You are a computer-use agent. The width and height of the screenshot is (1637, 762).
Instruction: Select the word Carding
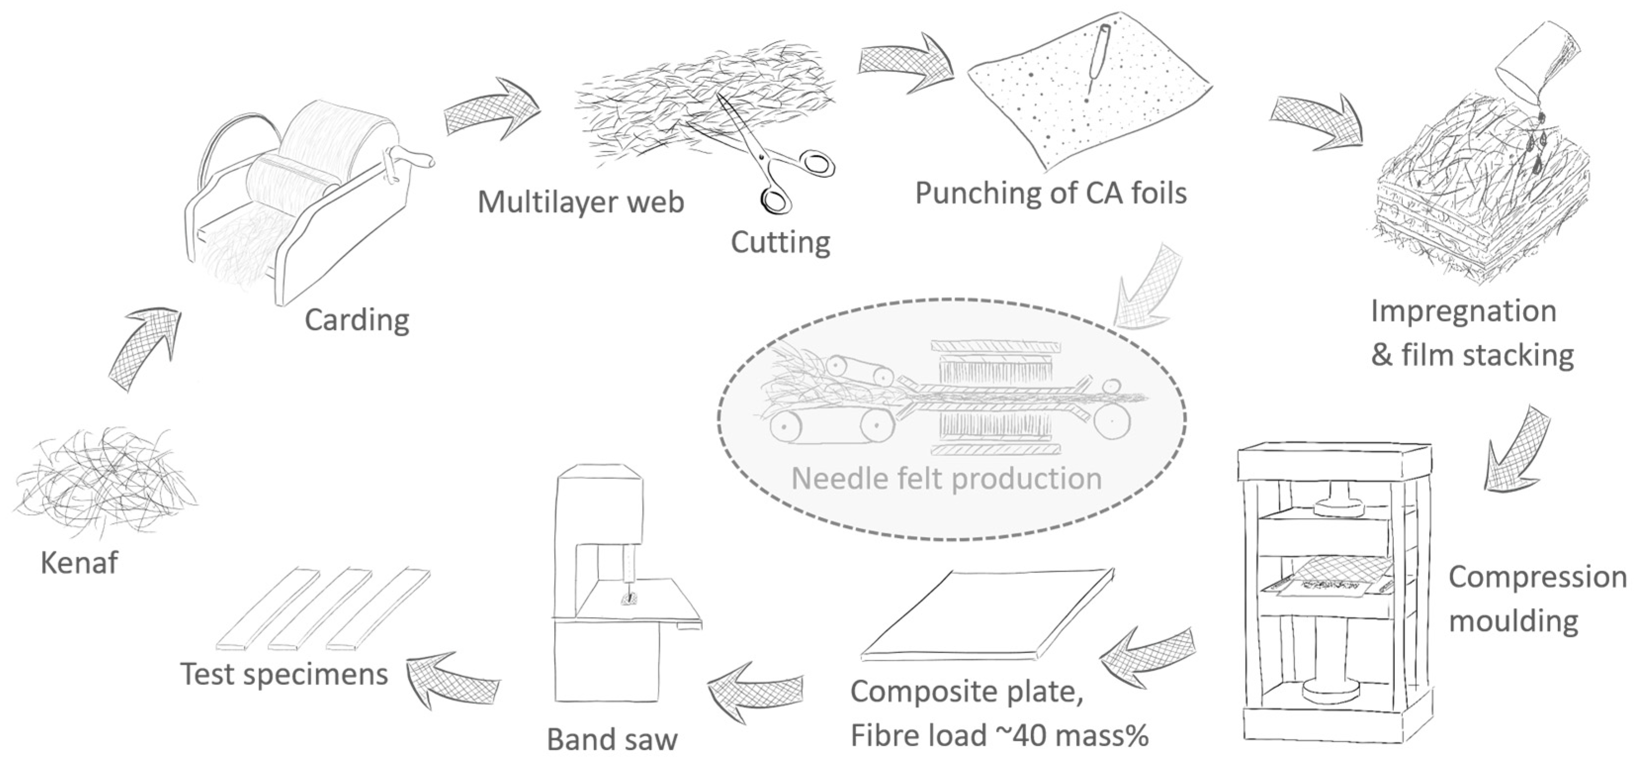point(356,320)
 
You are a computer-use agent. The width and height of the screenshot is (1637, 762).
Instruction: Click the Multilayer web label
point(580,202)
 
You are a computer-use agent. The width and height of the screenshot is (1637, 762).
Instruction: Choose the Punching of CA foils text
point(1050,192)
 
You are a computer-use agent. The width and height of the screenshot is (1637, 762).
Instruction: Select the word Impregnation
point(1463,312)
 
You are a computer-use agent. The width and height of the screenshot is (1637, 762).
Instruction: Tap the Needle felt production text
point(946,478)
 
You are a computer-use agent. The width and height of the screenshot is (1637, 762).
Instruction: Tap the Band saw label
point(612,740)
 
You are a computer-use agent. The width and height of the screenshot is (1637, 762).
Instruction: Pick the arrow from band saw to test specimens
point(451,679)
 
